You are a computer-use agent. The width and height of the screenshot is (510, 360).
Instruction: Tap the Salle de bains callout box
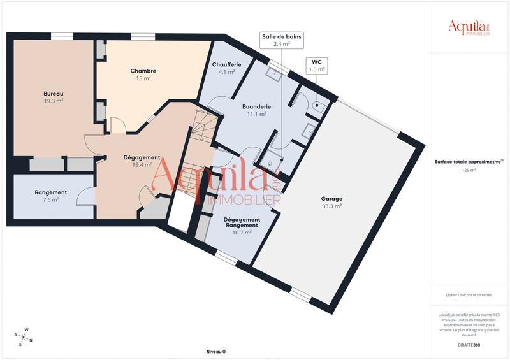[x=281, y=40]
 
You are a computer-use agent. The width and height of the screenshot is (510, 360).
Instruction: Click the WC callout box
[x=317, y=66]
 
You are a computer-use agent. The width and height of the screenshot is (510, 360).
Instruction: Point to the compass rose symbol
[x=23, y=335]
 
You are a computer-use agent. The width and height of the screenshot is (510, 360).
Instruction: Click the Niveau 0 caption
[x=215, y=352]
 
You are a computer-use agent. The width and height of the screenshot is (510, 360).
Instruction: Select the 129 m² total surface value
[x=469, y=170]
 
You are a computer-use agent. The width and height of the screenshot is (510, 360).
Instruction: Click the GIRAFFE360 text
[x=469, y=344]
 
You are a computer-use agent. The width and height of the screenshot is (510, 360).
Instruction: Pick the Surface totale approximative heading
[x=469, y=162]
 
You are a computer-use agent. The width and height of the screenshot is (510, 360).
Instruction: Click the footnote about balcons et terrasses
[x=469, y=294]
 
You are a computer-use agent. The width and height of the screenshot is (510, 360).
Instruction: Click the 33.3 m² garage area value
[x=331, y=206]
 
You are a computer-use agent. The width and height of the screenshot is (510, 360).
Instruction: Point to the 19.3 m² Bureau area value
[x=54, y=101]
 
